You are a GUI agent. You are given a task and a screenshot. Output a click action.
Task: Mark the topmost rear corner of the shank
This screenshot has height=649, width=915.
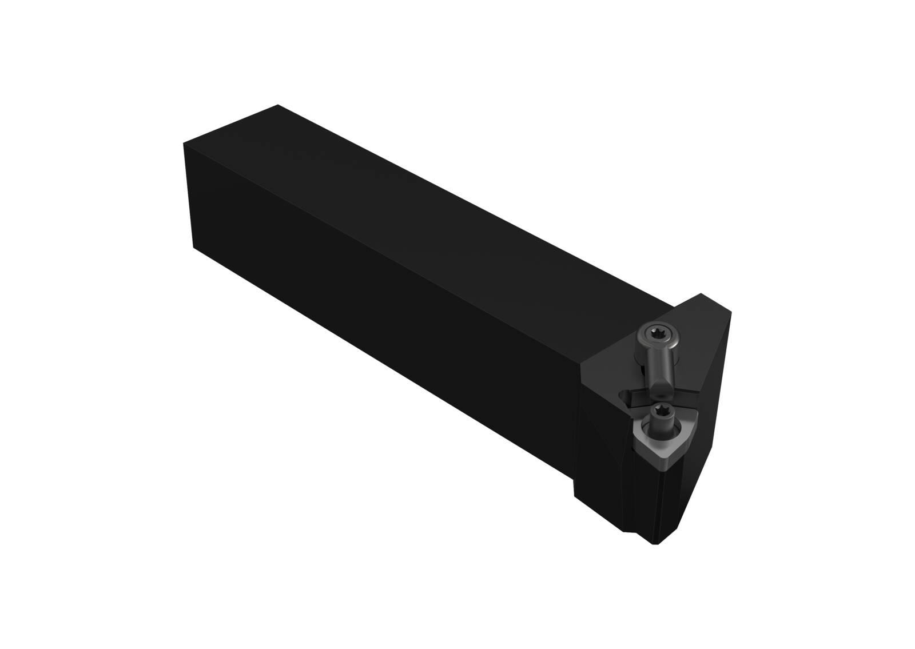click(x=277, y=106)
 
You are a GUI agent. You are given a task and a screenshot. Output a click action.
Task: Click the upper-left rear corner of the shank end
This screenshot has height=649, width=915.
click(x=184, y=145)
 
